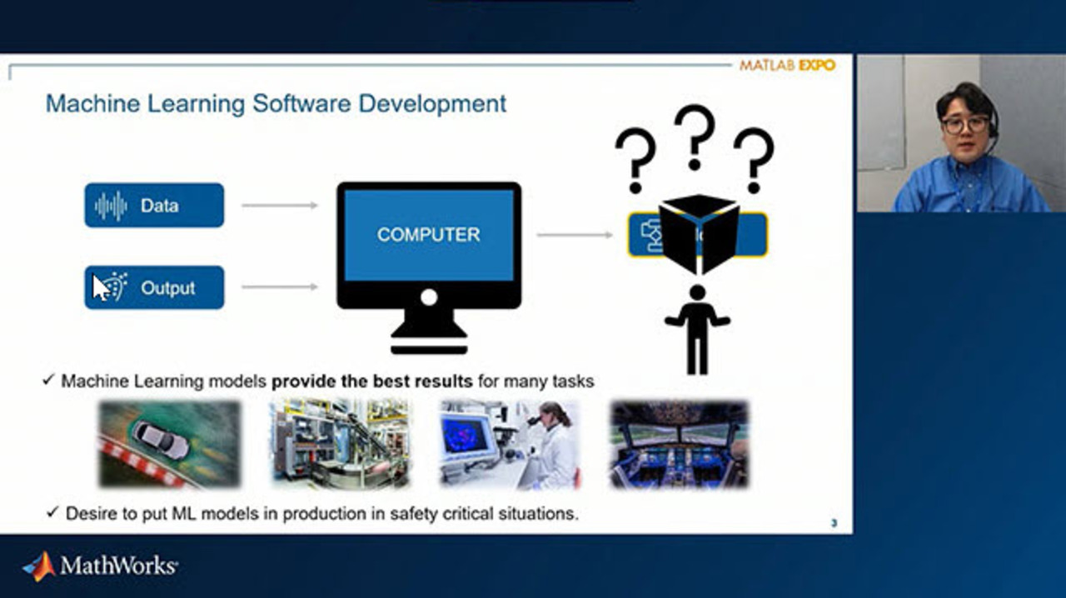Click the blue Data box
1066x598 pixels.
[154, 205]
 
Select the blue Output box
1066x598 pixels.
[154, 287]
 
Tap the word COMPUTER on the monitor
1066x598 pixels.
[428, 235]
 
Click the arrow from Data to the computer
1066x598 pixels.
[280, 205]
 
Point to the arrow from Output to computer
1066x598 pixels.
[280, 287]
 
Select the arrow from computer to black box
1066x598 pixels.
[575, 235]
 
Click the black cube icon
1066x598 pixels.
[699, 233]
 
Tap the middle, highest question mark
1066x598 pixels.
[695, 137]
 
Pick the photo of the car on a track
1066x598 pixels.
[169, 444]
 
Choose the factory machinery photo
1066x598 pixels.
[340, 444]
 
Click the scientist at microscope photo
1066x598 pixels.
[510, 444]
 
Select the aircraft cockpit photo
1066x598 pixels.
[680, 444]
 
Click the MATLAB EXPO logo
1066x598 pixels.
[787, 65]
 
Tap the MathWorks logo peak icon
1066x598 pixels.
[40, 566]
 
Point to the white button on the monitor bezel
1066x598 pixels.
[429, 297]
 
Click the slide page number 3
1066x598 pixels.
[834, 523]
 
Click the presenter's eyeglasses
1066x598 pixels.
[964, 125]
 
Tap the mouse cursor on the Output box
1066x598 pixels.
[100, 287]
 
